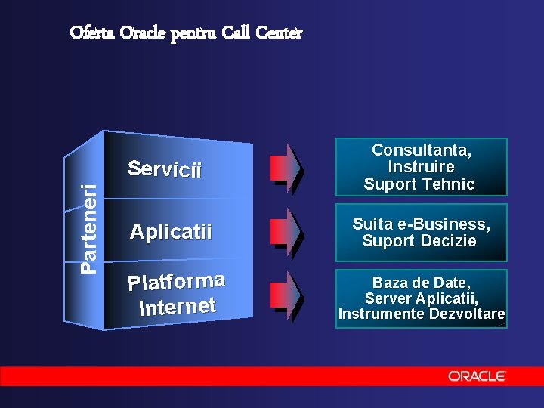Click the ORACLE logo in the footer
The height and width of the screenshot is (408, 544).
point(476,376)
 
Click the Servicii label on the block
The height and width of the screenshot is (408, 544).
point(165,168)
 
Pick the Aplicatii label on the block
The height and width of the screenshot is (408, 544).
point(171,231)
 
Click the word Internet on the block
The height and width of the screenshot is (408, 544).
point(178,306)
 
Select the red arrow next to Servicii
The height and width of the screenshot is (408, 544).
point(288,166)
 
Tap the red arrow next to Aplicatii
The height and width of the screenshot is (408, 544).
point(288,230)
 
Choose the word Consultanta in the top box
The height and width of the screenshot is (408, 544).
point(422,150)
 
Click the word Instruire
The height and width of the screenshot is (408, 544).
point(421,166)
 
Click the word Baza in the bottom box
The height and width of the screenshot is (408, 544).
point(390,283)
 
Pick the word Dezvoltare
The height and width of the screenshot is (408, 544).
point(466,314)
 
